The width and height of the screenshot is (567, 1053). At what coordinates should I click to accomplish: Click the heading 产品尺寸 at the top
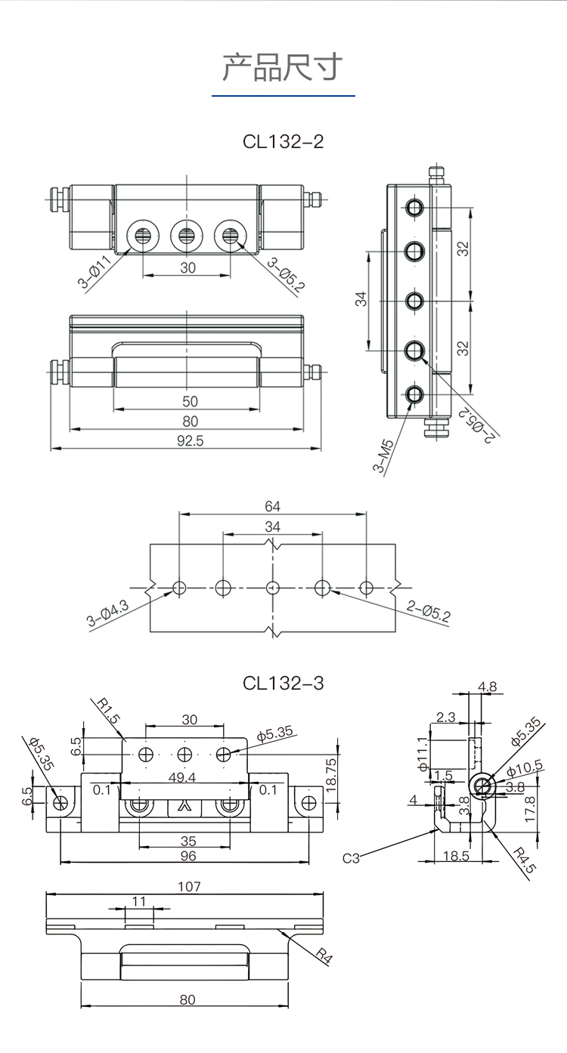coord(283,68)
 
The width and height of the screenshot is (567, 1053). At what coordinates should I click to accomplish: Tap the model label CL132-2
coord(283,141)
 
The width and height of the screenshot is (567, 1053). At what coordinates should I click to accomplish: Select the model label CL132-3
coord(283,683)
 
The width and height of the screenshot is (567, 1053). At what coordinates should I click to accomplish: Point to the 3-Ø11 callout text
coord(95,273)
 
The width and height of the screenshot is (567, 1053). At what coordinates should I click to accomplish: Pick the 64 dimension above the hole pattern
coord(272,505)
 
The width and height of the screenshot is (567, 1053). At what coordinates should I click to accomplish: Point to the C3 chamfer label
coord(351,857)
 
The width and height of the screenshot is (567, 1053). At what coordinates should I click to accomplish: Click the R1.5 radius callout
coord(110,711)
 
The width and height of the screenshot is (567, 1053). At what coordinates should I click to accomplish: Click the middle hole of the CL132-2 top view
coord(186,236)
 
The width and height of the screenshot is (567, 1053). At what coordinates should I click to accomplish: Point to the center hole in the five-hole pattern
coord(273,587)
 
